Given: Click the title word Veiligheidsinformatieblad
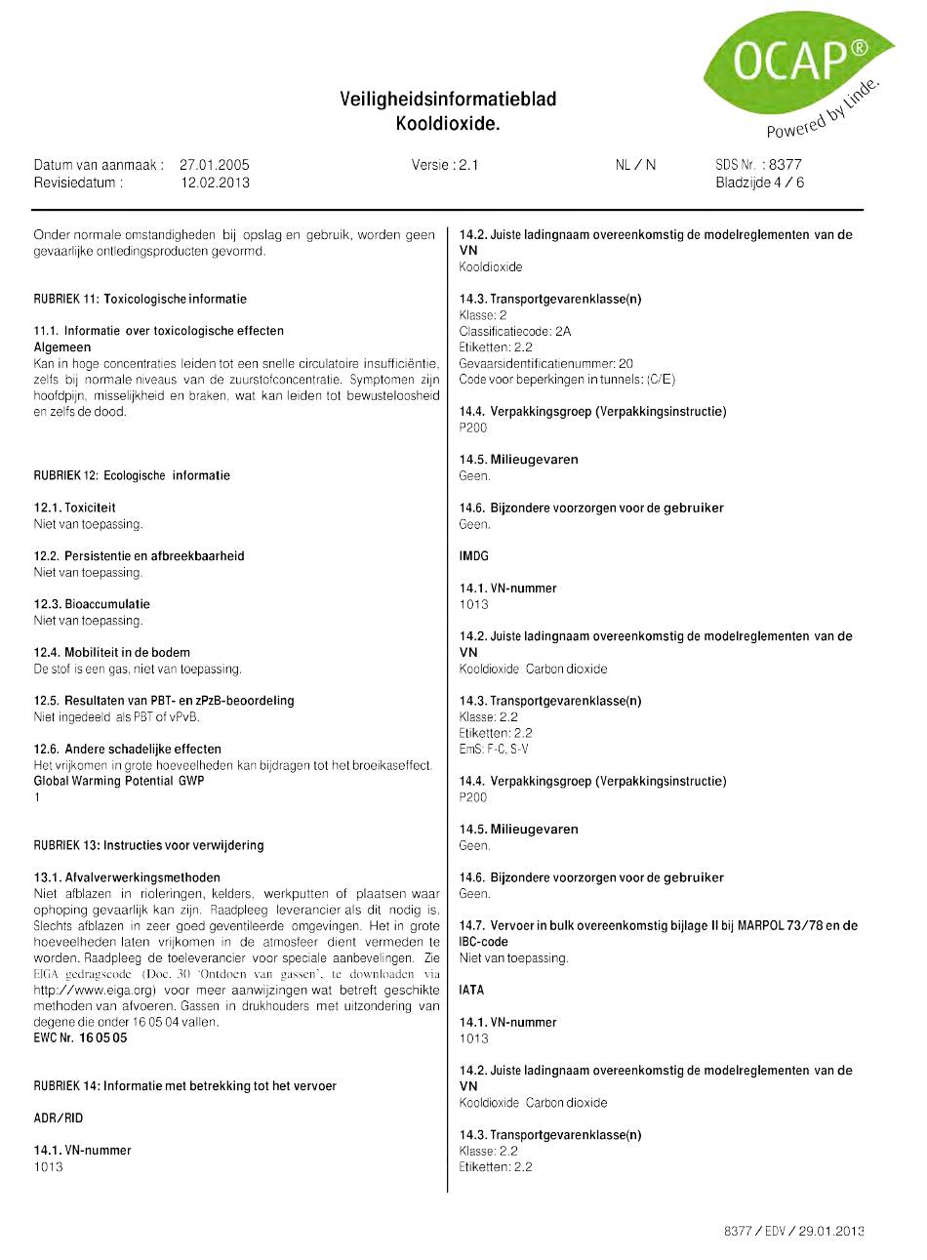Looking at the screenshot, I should pos(448,99).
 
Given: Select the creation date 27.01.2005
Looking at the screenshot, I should pos(214,165).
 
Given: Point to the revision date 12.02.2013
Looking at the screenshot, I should pos(215,182).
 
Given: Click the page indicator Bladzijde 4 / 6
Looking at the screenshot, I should pos(759,182).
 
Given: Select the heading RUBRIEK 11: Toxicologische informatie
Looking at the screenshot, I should pos(140,299).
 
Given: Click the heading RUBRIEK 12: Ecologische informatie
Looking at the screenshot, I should pos(132,475).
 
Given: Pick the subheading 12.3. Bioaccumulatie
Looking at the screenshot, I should pos(92,604).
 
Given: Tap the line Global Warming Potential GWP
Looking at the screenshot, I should pos(119,781).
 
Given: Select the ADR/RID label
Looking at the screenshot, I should pos(59,1118).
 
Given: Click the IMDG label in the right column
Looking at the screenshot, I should pos(473,555).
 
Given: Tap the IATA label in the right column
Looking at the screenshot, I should pos(471,990).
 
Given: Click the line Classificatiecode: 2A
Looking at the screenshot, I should pos(514,331).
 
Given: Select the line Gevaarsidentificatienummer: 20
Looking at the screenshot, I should pos(545,363).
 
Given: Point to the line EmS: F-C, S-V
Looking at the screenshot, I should pos(494,749).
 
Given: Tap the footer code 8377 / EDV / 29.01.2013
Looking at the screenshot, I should pos(793,1231).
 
